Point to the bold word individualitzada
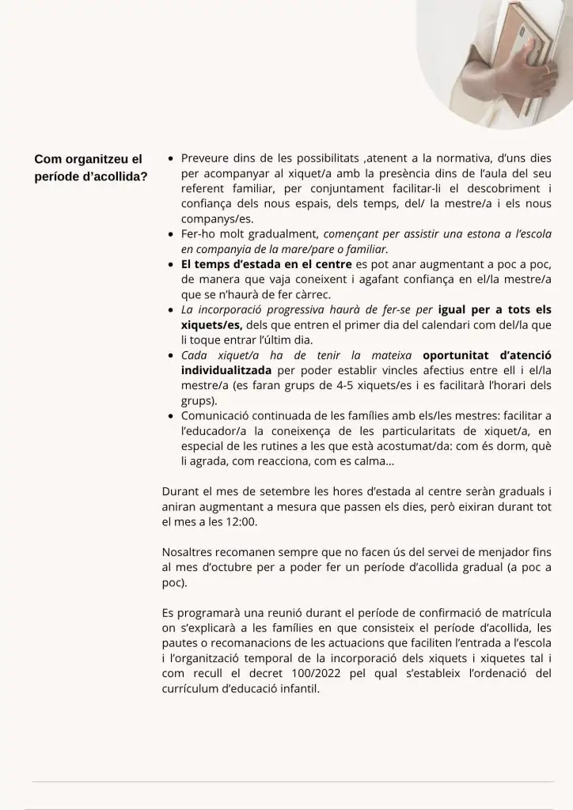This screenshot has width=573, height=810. tap(226, 370)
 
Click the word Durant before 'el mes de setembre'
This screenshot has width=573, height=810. tap(182, 491)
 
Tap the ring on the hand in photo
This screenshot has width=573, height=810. tap(545, 70)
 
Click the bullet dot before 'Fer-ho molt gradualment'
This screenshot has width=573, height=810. tap(171, 235)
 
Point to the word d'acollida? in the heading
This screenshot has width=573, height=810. tap(116, 176)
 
